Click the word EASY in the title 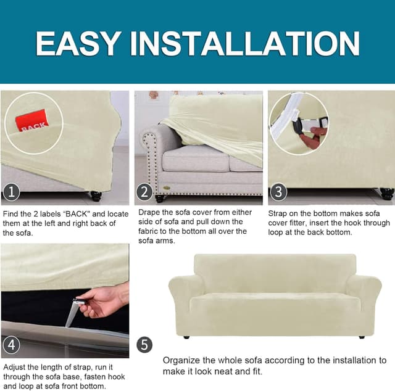78,43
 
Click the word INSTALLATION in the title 244,43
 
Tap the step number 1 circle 11,192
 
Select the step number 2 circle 144,192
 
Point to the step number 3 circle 278,192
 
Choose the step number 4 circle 11,345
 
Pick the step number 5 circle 144,345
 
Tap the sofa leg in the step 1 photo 96,196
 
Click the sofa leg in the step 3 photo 387,194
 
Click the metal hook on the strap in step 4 78,301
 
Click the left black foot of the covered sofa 186,337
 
